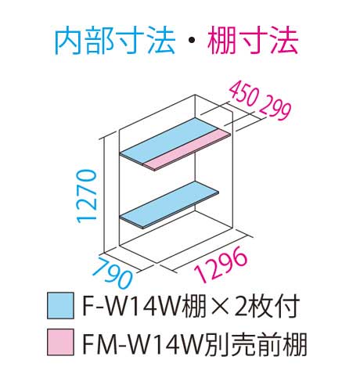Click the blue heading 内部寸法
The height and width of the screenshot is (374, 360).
tap(114, 41)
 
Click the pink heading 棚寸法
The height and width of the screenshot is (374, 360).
tap(253, 41)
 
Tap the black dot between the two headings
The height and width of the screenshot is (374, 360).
tap(191, 41)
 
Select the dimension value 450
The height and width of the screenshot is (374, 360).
tap(243, 94)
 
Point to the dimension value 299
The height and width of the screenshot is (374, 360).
tap(275, 109)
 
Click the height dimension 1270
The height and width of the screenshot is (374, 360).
tap(86, 196)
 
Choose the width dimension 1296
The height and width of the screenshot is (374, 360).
tap(220, 264)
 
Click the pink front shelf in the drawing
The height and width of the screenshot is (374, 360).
tap(187, 149)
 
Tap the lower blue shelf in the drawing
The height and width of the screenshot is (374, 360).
tap(170, 205)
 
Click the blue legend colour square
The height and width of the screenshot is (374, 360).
tap(60, 306)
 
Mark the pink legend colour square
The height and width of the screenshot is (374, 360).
tap(60, 342)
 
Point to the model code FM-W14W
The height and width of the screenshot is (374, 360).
tap(143, 343)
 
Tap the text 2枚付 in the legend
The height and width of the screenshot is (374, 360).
tap(268, 306)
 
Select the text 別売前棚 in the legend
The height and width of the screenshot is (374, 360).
tap(255, 343)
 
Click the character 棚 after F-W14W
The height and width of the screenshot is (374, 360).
tap(196, 306)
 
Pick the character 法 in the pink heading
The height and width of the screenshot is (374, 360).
tap(283, 41)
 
